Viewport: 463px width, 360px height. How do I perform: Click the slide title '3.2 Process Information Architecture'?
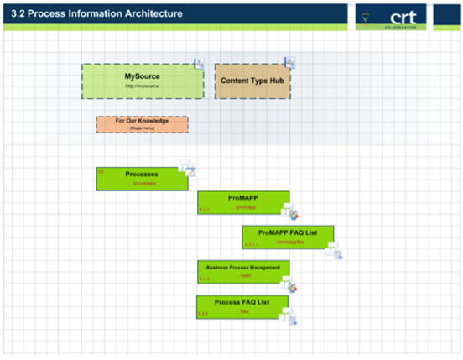click(96, 13)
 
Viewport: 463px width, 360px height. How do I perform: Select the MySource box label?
click(142, 76)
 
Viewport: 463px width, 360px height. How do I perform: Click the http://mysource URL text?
click(142, 86)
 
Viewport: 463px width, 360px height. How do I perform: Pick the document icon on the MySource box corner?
click(200, 63)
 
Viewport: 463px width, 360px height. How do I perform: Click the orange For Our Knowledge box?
click(142, 124)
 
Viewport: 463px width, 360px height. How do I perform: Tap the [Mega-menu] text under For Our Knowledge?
click(142, 128)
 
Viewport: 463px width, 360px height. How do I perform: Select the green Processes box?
click(141, 179)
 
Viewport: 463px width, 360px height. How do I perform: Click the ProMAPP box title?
click(242, 198)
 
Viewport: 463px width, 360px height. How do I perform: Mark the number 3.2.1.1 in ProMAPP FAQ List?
click(252, 244)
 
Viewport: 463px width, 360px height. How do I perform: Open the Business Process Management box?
click(243, 272)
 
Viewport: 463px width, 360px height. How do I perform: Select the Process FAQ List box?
click(242, 306)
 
